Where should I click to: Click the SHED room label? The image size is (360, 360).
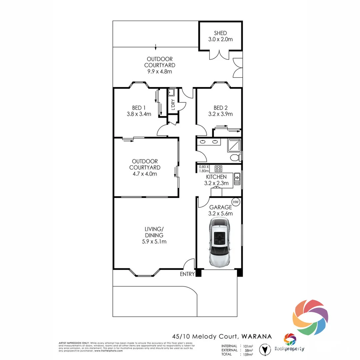click(220, 33)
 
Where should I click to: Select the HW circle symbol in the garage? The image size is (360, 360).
click(236, 202)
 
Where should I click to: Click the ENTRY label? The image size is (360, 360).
click(187, 274)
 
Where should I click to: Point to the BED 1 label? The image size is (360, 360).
click(139, 108)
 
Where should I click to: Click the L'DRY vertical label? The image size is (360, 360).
click(173, 105)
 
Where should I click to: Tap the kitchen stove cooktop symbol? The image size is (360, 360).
click(218, 169)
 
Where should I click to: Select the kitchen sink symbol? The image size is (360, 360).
click(237, 179)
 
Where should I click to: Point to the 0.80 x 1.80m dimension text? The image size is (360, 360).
click(203, 169)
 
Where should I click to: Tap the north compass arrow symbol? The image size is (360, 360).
click(265, 350)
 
